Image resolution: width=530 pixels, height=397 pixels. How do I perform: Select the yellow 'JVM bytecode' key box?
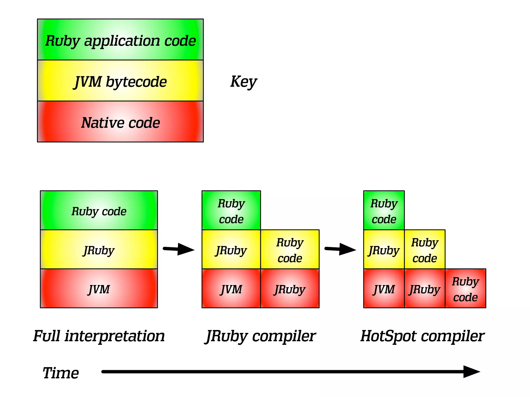coord(120,81)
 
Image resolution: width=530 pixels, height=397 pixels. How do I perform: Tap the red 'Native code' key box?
coord(120,122)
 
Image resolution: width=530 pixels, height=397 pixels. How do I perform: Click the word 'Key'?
coord(243,82)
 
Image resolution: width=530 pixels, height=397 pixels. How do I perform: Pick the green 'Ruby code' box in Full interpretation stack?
coord(99,210)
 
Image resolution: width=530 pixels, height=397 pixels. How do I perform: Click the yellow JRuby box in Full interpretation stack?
coord(99,249)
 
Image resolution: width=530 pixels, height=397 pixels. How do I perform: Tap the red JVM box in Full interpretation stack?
coord(99,288)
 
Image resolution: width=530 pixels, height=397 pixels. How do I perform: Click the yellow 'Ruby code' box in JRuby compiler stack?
coord(290,249)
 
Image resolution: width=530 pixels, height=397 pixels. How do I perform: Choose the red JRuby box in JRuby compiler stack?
coord(290,288)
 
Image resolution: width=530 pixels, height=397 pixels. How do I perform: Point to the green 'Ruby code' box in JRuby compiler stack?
coord(231,210)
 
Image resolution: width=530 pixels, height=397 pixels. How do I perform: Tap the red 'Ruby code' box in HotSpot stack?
coord(465,288)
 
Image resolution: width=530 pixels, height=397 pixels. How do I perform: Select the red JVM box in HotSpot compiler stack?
coord(384,288)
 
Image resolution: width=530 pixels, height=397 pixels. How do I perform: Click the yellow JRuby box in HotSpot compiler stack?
coord(384,249)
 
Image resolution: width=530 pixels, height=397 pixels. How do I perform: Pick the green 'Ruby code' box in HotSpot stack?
coord(384,210)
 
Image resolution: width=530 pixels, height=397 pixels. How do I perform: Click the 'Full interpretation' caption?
coord(99,336)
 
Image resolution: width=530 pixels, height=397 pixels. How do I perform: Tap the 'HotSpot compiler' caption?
coord(422,336)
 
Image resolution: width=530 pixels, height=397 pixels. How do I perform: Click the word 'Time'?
coord(61,373)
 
